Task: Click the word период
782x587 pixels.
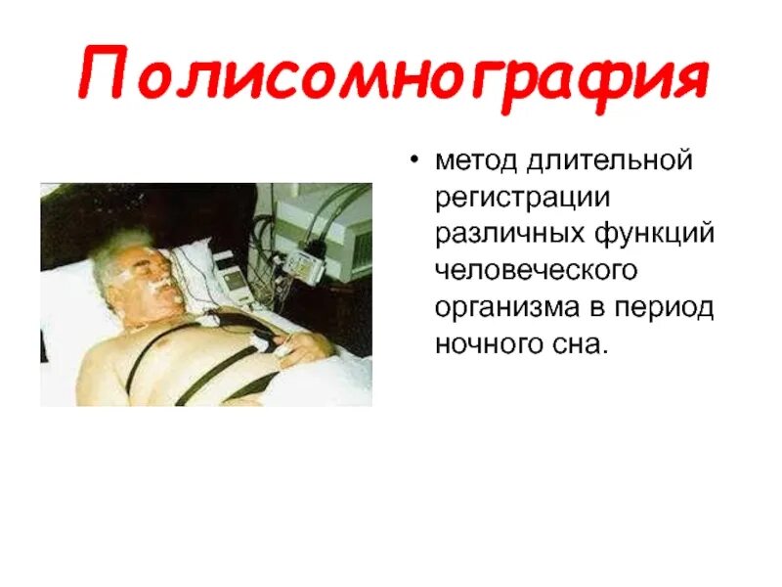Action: coord(668,307)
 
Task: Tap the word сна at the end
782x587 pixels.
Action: coord(583,344)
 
